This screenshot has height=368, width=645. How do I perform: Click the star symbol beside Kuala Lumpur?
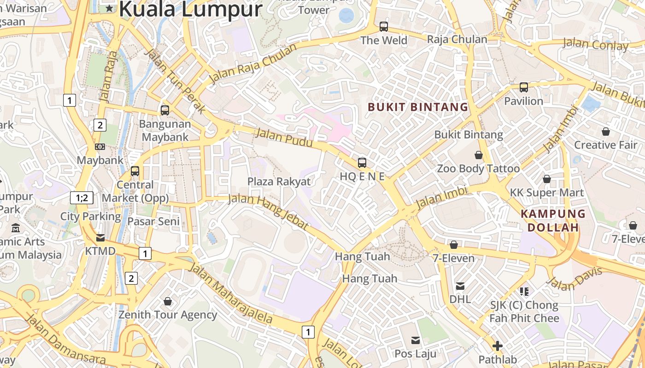click(109, 8)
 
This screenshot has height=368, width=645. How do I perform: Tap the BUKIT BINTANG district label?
click(417, 107)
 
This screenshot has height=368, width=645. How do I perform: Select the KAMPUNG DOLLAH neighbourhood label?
click(552, 220)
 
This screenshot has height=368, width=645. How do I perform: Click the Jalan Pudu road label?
click(283, 138)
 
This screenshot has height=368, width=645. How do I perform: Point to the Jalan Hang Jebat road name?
click(268, 212)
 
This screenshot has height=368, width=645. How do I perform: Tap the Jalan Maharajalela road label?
click(230, 293)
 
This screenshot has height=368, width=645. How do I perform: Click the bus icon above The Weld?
click(384, 27)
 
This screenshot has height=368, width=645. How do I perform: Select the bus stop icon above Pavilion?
click(523, 87)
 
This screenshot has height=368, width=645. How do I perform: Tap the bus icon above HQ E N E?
click(362, 162)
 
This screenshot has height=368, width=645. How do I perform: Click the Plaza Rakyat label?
click(279, 181)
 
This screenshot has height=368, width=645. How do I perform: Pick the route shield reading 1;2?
click(82, 198)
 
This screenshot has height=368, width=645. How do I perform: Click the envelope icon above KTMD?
click(100, 238)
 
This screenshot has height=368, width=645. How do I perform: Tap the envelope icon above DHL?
click(460, 286)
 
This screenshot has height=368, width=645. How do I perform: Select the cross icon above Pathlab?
click(498, 346)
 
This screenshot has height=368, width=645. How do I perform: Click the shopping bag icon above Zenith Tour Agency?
click(168, 301)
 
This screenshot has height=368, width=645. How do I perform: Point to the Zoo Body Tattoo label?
click(478, 169)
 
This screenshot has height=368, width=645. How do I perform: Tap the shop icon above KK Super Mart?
click(547, 179)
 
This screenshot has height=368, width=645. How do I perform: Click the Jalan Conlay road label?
click(595, 45)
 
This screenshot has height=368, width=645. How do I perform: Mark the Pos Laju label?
click(416, 354)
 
